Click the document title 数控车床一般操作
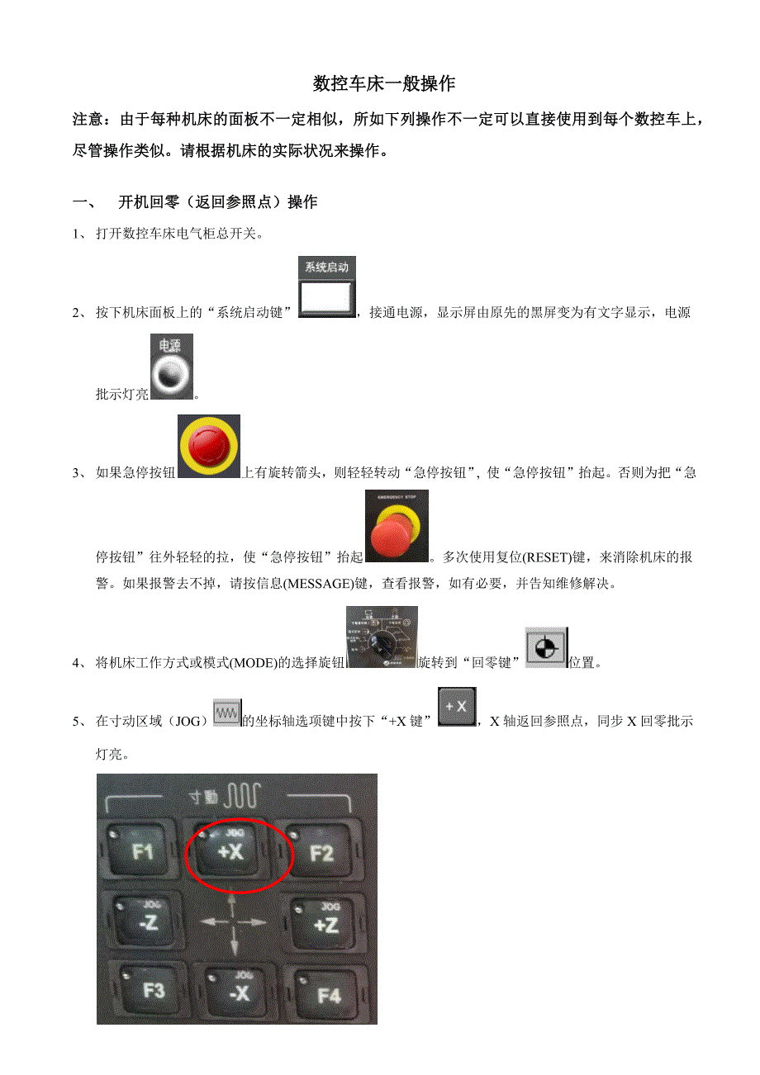click(x=384, y=84)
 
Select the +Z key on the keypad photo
click(x=325, y=922)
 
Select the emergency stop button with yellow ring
click(x=209, y=447)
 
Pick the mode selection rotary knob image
click(x=382, y=637)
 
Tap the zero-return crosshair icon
click(x=546, y=646)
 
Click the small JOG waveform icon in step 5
click(x=226, y=712)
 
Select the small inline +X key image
click(x=457, y=708)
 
